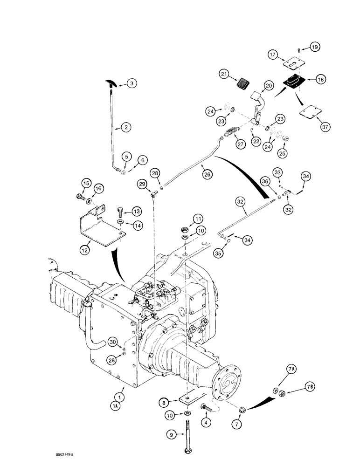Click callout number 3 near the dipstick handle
point(119,84)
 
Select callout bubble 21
point(224,74)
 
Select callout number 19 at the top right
point(315,47)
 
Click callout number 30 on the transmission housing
point(112,343)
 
